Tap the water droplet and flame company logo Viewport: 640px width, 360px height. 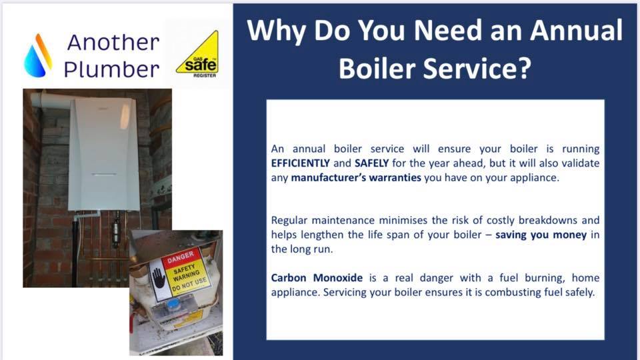click(x=38, y=55)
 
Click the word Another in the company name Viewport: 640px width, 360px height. click(x=113, y=43)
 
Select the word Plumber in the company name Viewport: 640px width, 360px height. click(x=111, y=69)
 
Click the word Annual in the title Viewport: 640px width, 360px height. click(x=576, y=30)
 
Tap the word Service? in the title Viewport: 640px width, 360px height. click(x=477, y=67)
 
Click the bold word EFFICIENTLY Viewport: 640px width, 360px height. click(x=301, y=163)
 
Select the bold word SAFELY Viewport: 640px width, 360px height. click(x=371, y=163)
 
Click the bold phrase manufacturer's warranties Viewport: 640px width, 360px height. click(x=356, y=177)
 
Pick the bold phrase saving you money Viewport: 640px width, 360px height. click(x=541, y=235)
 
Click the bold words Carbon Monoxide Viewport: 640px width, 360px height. click(x=317, y=278)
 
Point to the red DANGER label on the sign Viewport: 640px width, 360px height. click(x=181, y=257)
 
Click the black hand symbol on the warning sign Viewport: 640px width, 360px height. click(x=158, y=278)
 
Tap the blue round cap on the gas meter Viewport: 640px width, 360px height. click(x=173, y=304)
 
